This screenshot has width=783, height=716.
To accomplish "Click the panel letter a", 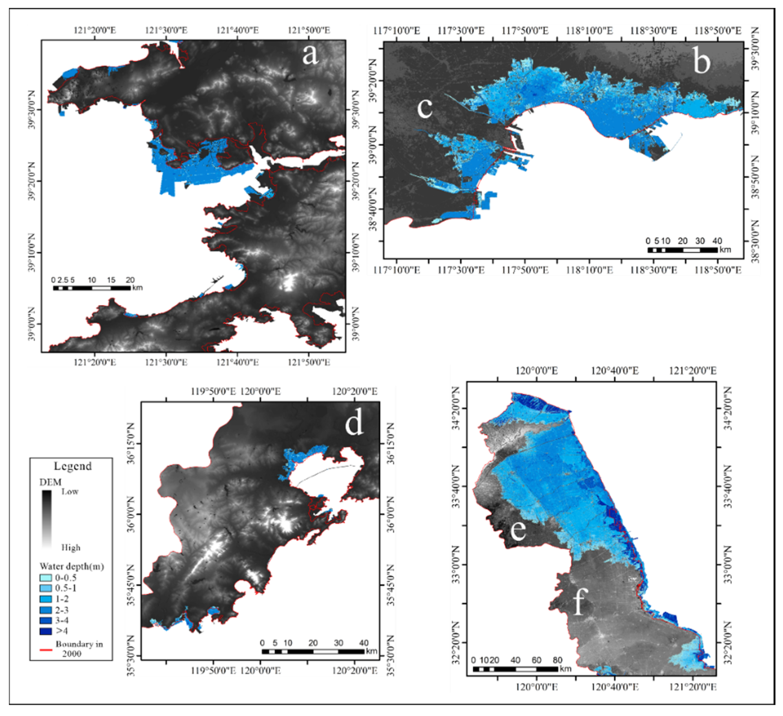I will coord(310,54).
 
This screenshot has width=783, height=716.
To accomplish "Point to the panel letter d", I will coord(354,423).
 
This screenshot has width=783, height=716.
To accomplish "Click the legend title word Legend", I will coord(73,466).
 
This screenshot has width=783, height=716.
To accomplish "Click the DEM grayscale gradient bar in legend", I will coord(47,519).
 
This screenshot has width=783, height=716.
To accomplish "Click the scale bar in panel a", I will coord(92,288).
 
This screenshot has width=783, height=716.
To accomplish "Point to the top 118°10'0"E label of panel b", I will coord(589,31).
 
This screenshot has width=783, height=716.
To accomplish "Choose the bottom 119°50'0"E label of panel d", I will coord(213,671).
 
